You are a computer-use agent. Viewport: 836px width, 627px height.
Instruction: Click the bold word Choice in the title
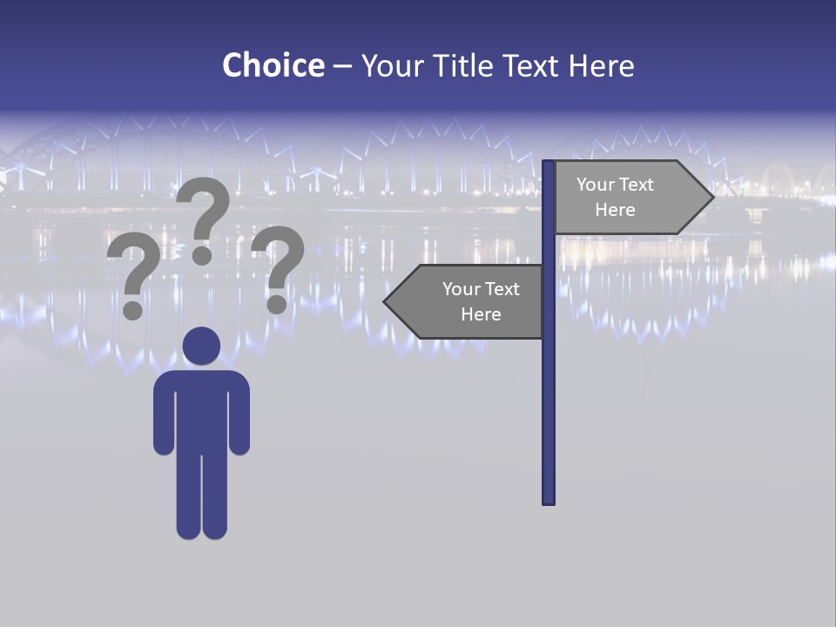point(273,65)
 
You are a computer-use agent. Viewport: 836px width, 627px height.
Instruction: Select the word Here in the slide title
point(601,66)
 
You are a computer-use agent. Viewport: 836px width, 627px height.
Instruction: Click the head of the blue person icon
point(201,346)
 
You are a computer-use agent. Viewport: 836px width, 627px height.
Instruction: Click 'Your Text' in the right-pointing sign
point(615,185)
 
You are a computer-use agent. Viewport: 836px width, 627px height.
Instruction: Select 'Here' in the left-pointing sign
point(481,314)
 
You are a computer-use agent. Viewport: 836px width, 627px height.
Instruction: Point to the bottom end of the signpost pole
point(548,500)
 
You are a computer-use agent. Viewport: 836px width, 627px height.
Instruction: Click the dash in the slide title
point(342,66)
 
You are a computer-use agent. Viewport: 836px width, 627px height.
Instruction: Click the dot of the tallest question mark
point(202,254)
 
